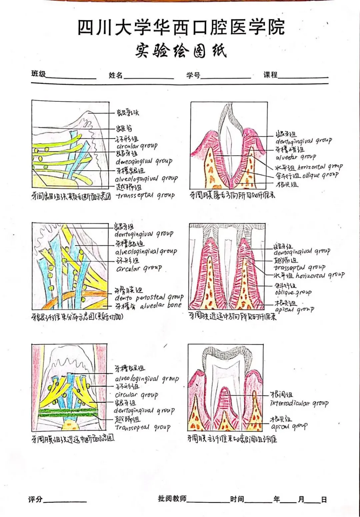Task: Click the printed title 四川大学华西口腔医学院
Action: click(x=181, y=27)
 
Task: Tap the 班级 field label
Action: click(x=39, y=74)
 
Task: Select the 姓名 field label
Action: click(x=115, y=75)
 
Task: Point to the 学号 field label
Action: click(x=193, y=75)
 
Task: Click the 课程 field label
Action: click(x=270, y=75)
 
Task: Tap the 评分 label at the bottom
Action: click(x=35, y=499)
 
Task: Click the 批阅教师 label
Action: click(x=172, y=498)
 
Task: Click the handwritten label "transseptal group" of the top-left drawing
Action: click(x=145, y=195)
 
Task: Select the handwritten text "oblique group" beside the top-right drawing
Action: click(x=320, y=175)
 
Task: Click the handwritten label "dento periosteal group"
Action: click(x=149, y=297)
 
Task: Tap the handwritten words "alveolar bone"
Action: click(x=161, y=305)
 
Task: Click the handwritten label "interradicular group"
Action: click(x=299, y=403)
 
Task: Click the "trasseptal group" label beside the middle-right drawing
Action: click(x=299, y=267)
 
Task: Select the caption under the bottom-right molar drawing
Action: click(x=232, y=439)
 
